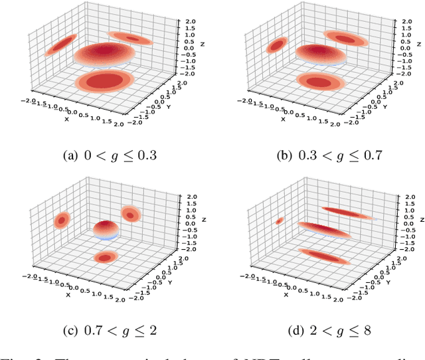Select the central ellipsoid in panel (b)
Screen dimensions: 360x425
325,56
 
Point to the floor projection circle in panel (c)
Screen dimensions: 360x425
105,256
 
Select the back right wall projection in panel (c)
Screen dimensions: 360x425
131,213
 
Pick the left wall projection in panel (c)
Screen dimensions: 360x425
62,219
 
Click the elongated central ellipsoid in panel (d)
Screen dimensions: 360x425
325,230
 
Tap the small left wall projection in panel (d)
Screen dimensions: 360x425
280,221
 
